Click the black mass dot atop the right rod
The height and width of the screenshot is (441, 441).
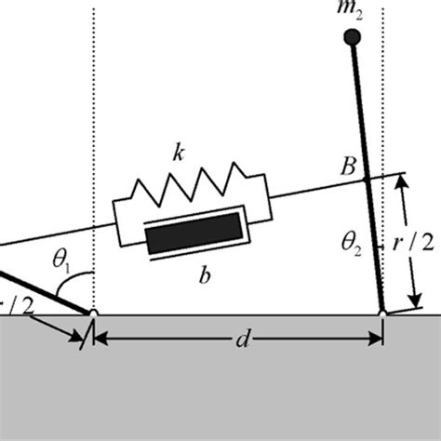pyautogui.click(x=352, y=37)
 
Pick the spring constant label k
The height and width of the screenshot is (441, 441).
pyautogui.click(x=178, y=152)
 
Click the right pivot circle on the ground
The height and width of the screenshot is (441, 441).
pyautogui.click(x=382, y=314)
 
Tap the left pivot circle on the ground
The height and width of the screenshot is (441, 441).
pyautogui.click(x=94, y=314)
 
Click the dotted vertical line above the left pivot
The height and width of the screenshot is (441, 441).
pyautogui.click(x=95, y=140)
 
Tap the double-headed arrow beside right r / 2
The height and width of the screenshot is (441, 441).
pyautogui.click(x=405, y=244)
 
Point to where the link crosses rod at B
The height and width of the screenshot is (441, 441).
pyautogui.click(x=367, y=179)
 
